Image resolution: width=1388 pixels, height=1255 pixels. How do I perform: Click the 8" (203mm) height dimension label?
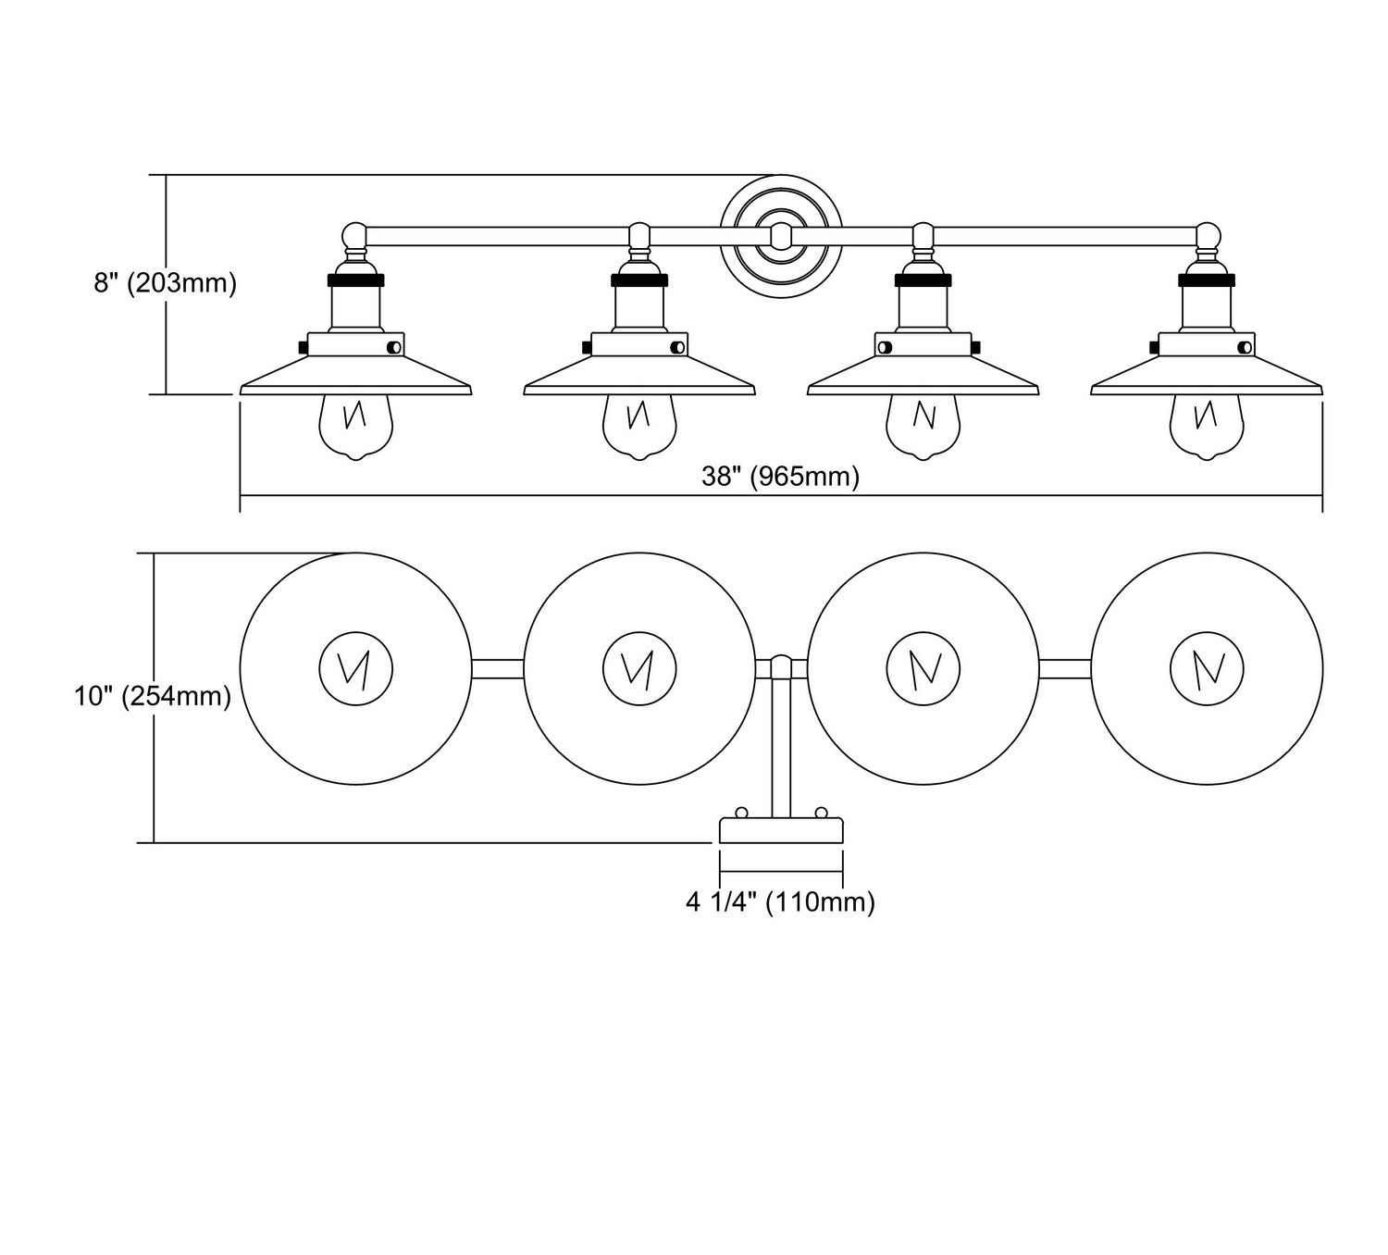point(166,283)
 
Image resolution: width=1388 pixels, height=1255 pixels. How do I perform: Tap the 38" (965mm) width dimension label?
point(780,477)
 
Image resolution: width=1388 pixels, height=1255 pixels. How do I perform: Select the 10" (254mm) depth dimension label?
point(153,696)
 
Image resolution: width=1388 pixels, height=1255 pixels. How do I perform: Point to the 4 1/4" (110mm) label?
point(780,902)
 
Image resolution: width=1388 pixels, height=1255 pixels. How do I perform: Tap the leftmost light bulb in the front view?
point(355,427)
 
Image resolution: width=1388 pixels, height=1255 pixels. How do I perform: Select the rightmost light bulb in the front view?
point(1207,427)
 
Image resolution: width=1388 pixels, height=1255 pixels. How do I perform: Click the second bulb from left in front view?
point(639,427)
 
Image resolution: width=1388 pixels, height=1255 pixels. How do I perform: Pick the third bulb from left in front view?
point(923,427)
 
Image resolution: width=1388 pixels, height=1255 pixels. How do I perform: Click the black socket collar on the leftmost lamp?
point(355,280)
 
